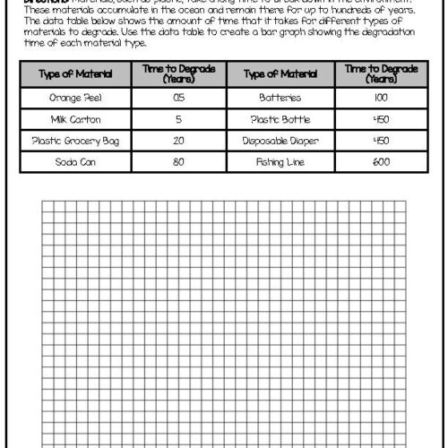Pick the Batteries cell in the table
pyautogui.click(x=280, y=97)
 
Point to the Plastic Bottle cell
pyautogui.click(x=280, y=118)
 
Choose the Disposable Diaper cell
pyautogui.click(x=280, y=140)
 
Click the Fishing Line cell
pyautogui.click(x=280, y=161)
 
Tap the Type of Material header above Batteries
pyautogui.click(x=280, y=74)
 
